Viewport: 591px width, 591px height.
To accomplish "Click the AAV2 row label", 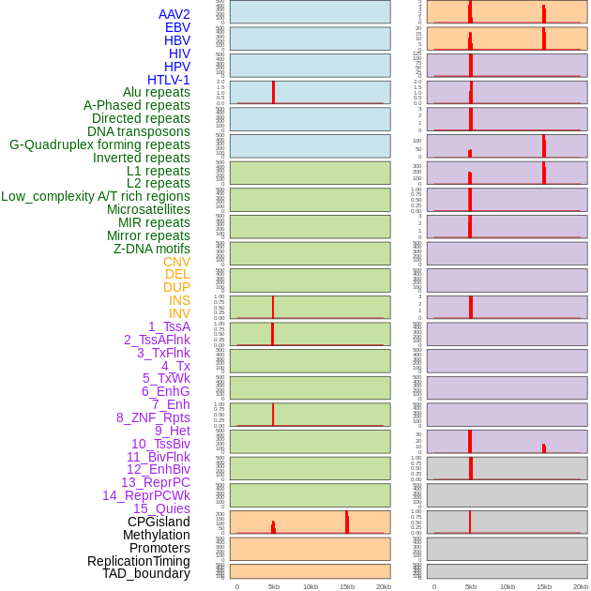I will [174, 14].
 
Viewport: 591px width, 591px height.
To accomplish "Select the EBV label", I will [177, 27].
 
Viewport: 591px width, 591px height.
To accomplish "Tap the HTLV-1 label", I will [169, 80].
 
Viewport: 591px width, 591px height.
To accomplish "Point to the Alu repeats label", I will [157, 92].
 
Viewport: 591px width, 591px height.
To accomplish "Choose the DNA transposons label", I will [139, 131].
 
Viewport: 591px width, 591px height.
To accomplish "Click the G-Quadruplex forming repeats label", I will [99, 144].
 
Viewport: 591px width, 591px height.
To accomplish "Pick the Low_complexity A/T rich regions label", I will [96, 196].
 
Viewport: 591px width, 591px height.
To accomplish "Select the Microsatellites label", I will [148, 209].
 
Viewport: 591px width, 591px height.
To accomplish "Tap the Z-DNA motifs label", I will [152, 249].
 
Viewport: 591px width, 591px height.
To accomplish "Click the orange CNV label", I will [176, 262].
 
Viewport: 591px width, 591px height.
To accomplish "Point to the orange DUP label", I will [176, 287].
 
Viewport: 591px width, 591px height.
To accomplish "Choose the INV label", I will [179, 313].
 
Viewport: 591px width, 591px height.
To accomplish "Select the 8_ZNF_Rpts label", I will [153, 417].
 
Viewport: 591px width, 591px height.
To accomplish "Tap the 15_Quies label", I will [161, 508].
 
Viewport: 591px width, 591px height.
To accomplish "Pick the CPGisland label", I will [159, 522].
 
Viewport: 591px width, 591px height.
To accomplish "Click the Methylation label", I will [157, 535].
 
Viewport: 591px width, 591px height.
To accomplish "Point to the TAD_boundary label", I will [146, 573].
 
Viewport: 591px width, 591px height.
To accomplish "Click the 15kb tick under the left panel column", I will [347, 586].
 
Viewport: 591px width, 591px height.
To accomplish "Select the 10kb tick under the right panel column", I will [508, 586].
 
